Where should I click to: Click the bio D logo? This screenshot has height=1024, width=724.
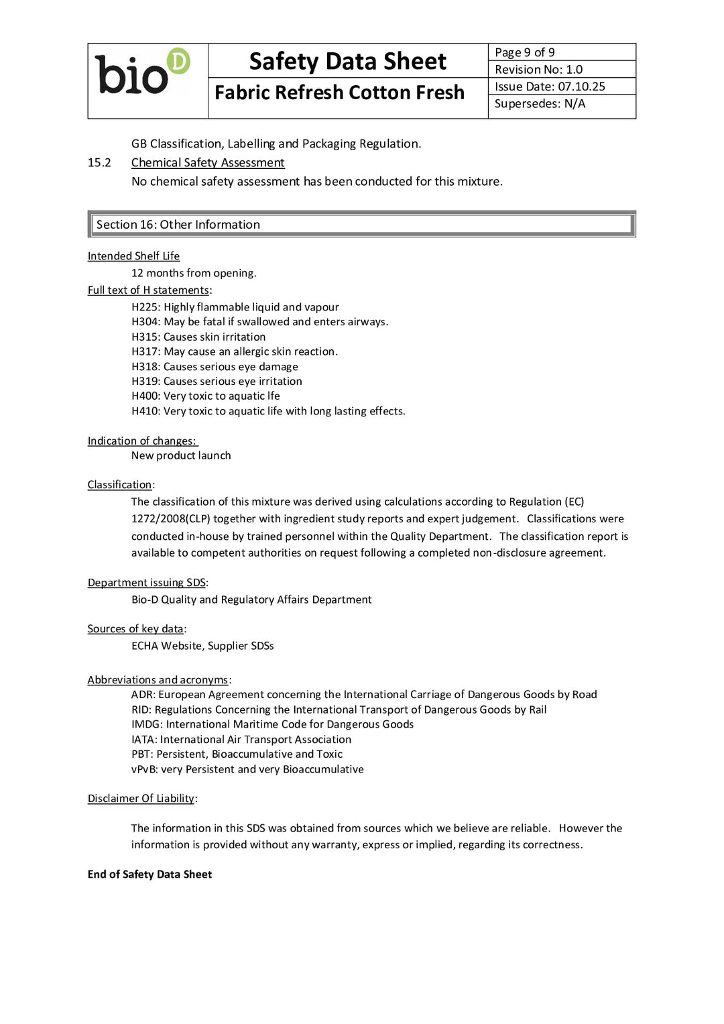point(142,72)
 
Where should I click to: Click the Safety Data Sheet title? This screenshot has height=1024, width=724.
point(347,61)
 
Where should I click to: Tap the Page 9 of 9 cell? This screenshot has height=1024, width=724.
point(525,52)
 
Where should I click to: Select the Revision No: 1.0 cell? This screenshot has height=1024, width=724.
point(538,70)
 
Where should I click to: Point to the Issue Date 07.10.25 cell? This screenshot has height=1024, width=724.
point(550,87)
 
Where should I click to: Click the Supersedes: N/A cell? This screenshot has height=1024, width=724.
point(540,104)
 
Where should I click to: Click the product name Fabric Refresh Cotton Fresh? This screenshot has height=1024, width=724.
point(339,93)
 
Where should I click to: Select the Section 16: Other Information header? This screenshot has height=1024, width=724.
point(178,225)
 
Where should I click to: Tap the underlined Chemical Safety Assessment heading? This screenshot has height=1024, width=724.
point(208,163)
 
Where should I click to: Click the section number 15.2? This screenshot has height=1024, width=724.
point(99,163)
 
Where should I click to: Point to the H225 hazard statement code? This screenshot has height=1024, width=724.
point(145,307)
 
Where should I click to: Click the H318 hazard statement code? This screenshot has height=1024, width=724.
point(145,367)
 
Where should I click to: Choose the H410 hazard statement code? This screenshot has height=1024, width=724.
point(145,411)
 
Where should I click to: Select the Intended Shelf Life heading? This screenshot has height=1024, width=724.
point(133,256)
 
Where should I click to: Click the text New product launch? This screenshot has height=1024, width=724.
point(181,455)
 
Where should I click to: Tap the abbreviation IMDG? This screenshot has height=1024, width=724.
point(146,724)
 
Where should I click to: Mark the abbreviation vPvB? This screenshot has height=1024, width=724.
point(144,769)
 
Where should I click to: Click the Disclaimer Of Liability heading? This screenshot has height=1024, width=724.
point(141,799)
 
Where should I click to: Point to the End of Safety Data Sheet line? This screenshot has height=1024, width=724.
point(149,874)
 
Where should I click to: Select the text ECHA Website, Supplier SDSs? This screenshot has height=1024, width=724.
point(202,646)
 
